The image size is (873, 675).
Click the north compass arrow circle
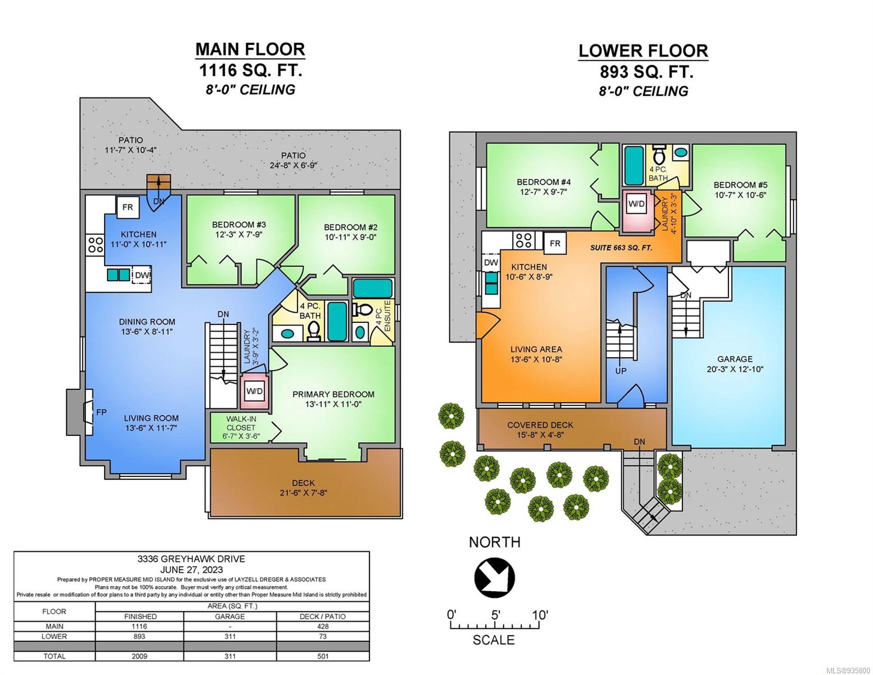tap(494, 577)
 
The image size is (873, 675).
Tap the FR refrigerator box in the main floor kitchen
tap(128, 207)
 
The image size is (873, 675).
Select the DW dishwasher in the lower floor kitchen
tap(491, 263)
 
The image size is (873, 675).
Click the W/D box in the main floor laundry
tap(255, 391)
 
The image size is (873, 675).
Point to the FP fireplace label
tap(101, 412)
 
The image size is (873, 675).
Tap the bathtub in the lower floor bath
tap(634, 165)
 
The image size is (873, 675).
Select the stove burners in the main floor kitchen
tap(96, 245)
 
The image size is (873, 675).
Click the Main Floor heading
tap(250, 49)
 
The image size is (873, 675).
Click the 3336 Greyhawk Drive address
tap(191, 559)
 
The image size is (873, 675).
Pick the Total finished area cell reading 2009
tap(139, 656)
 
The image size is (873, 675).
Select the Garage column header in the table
tap(230, 616)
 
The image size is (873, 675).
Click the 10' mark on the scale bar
tap(540, 615)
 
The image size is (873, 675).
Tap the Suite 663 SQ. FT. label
tap(621, 247)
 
